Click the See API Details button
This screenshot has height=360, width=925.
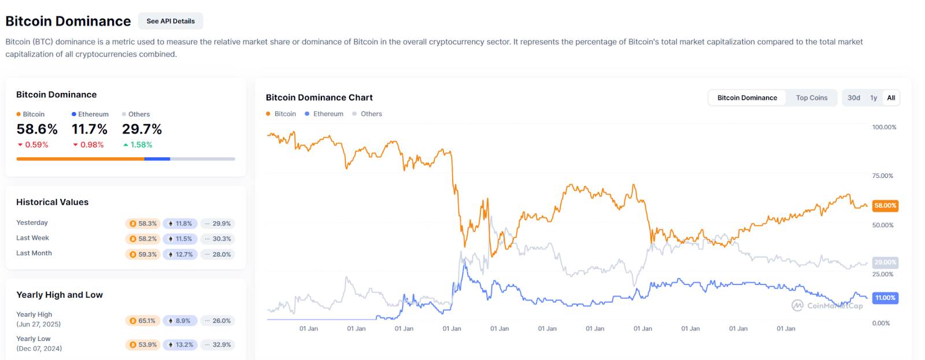click(171, 21)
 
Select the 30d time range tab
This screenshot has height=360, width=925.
click(854, 98)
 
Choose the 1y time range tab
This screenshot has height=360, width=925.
click(874, 98)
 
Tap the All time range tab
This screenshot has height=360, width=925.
click(891, 98)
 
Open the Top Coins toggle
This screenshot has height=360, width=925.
click(811, 98)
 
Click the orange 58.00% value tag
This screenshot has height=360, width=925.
click(885, 206)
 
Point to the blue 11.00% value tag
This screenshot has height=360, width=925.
click(885, 298)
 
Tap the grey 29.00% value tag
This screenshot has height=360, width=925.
click(885, 262)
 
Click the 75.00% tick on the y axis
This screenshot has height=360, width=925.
click(882, 176)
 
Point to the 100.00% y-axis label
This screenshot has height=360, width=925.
click(884, 127)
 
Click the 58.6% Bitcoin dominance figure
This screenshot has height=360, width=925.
click(37, 129)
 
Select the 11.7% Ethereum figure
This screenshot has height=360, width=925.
click(90, 129)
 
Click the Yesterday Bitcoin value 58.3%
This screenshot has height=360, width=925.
click(143, 224)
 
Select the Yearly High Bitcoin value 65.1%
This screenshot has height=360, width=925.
click(143, 321)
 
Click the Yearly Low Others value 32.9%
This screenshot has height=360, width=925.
click(217, 345)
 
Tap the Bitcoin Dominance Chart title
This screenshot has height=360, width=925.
click(319, 98)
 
